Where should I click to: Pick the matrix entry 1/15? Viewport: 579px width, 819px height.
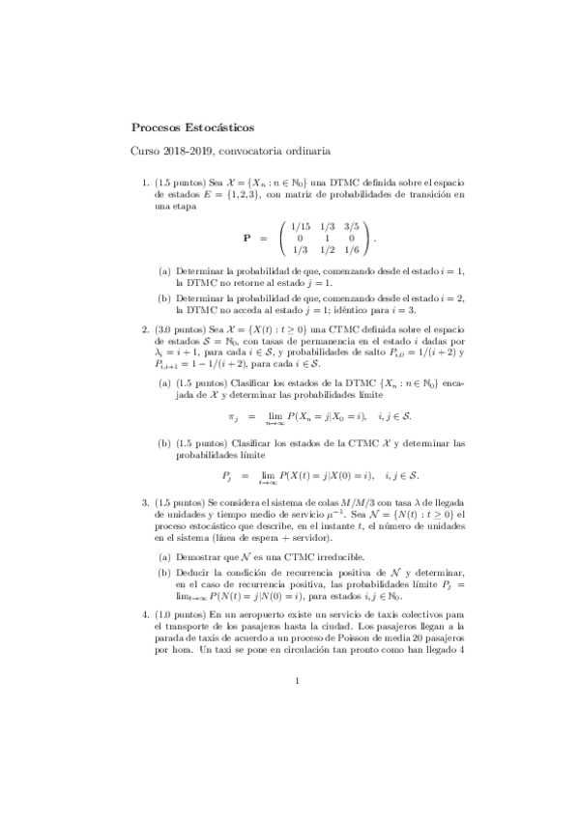[302, 226]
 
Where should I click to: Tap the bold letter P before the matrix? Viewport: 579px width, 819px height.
[247, 237]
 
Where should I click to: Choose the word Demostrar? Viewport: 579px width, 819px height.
[196, 557]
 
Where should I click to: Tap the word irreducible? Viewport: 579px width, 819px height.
[333, 557]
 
